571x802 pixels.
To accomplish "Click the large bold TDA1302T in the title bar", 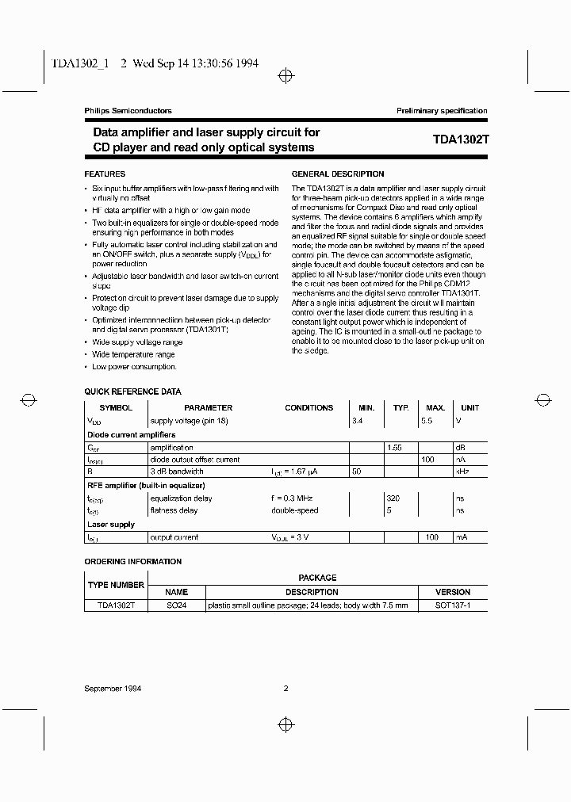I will click(x=461, y=139).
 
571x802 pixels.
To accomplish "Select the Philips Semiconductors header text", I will click(x=128, y=111).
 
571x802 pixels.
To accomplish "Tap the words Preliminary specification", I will click(x=442, y=111).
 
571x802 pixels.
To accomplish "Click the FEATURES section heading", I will click(x=105, y=174).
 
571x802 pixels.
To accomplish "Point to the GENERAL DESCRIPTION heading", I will click(x=338, y=174).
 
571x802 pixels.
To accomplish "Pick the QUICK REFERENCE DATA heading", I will click(x=132, y=391).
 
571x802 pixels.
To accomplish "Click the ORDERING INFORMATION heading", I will click(x=133, y=561).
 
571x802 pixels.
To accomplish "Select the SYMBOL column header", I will click(x=116, y=407).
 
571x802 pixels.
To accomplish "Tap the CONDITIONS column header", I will click(x=309, y=407).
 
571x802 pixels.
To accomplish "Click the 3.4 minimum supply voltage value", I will click(x=357, y=421).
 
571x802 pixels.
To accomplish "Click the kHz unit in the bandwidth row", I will click(x=460, y=472).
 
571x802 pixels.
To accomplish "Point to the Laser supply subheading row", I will click(x=111, y=524).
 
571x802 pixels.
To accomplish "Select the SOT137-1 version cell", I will click(x=453, y=605).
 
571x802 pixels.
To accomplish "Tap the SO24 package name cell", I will click(x=176, y=605).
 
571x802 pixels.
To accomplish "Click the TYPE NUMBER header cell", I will click(x=115, y=585).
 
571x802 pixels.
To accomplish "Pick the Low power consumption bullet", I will click(x=134, y=367).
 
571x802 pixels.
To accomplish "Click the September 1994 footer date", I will click(x=113, y=689).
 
